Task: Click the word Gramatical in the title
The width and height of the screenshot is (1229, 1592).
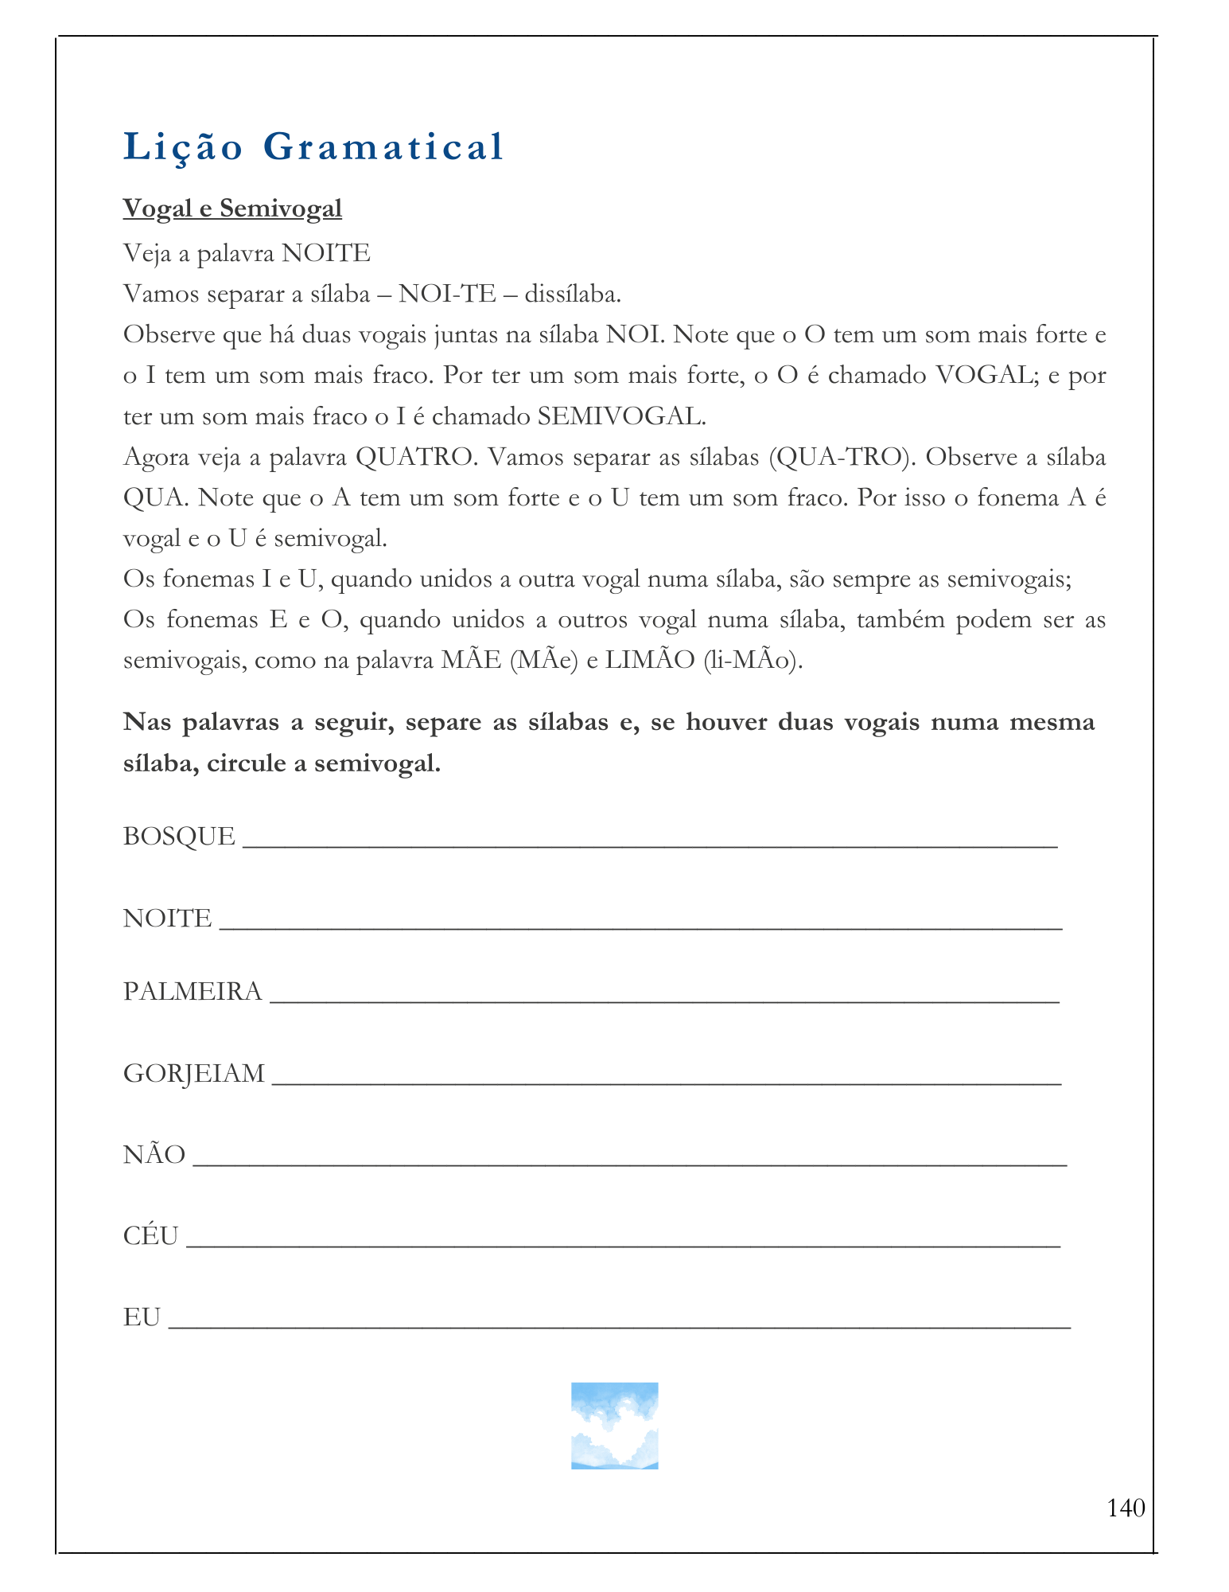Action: coord(383,147)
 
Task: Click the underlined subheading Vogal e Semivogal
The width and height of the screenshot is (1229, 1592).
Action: coord(232,209)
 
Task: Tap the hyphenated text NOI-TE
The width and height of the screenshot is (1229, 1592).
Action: coord(447,295)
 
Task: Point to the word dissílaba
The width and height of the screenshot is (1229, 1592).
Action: coord(572,295)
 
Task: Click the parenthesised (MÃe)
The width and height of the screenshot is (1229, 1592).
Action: coord(543,661)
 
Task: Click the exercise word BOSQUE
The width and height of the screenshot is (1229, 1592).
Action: coord(179,837)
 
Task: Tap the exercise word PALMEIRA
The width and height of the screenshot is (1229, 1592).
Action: coord(193,992)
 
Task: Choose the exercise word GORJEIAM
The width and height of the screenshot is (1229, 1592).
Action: coord(194,1074)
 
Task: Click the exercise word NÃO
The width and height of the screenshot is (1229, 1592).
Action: coord(154,1155)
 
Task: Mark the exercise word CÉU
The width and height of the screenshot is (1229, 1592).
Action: coord(150,1236)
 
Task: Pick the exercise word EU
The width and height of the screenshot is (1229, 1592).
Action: coord(142,1318)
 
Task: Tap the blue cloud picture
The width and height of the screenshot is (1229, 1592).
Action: coord(614,1426)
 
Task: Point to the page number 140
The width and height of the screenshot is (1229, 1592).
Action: coord(1126,1508)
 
